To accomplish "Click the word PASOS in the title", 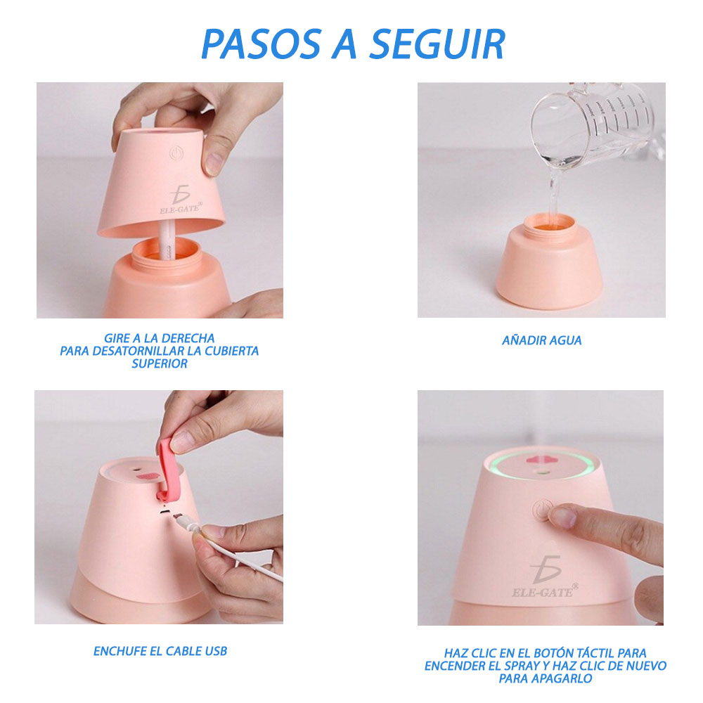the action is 262,44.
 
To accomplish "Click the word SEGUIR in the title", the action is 437,44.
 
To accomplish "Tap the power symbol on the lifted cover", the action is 176,153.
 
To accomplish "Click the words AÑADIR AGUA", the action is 541,340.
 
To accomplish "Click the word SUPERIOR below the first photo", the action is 160,363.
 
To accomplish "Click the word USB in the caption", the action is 216,651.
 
